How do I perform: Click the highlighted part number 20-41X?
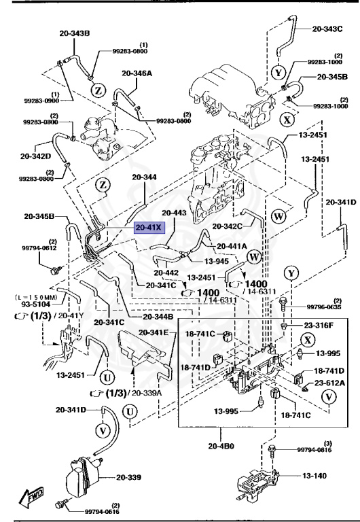tap(149, 228)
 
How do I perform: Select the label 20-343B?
tap(75, 33)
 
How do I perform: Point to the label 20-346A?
tap(137, 73)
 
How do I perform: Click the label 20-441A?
tap(232, 246)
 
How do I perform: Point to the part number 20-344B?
tap(158, 317)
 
